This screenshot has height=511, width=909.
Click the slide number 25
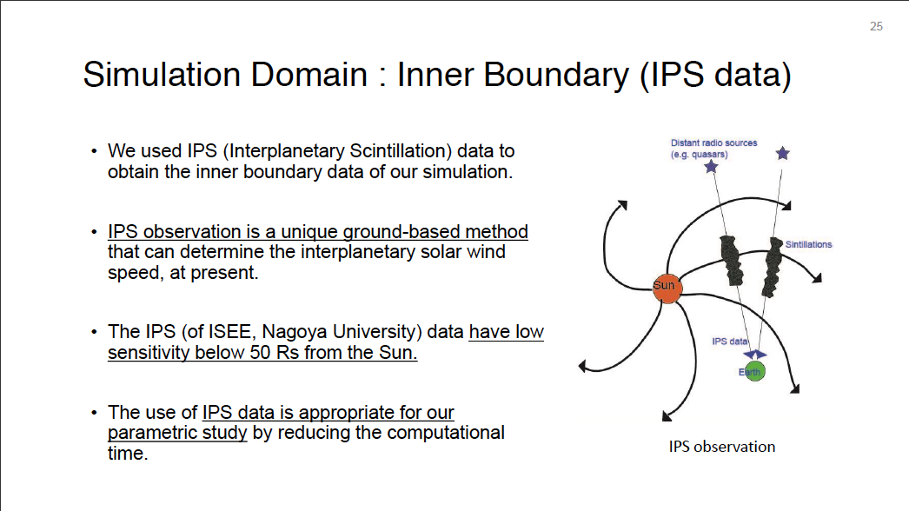click(876, 26)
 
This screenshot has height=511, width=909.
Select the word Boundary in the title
click(556, 76)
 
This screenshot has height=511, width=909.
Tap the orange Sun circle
click(667, 289)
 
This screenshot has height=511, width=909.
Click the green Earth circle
click(753, 371)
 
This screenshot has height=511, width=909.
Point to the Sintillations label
click(808, 244)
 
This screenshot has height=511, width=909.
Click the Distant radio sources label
click(713, 143)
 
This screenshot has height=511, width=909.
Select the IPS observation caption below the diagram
click(722, 447)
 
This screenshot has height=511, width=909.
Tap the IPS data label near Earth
click(729, 341)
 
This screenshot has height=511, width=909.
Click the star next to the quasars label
click(711, 167)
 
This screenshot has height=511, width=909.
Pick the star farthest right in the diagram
click(783, 153)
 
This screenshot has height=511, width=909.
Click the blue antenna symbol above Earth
click(755, 355)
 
